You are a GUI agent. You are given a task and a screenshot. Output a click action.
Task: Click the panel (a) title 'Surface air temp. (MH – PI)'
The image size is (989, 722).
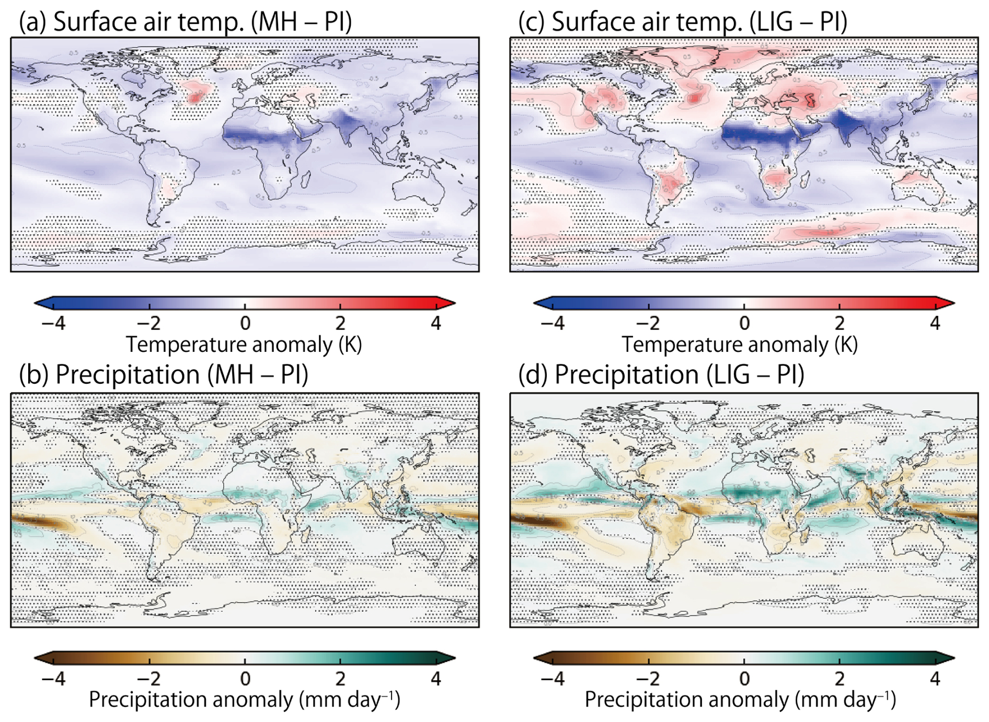[x=185, y=22]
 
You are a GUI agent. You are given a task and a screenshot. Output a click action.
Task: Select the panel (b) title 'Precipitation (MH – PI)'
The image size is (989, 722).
[x=163, y=374]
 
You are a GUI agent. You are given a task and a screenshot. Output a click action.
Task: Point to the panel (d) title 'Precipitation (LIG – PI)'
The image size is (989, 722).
[x=661, y=374]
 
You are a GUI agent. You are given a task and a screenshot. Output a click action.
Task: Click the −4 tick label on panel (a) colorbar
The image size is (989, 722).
[x=53, y=324]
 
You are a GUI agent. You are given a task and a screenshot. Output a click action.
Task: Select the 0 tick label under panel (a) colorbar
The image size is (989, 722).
[x=245, y=324]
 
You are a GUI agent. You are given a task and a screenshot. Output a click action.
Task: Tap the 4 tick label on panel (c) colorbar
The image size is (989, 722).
[x=935, y=324]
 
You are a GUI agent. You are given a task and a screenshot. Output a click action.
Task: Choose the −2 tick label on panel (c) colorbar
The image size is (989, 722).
[x=648, y=324]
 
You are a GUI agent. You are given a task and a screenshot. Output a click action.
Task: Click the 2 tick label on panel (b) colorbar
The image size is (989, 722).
[x=340, y=679]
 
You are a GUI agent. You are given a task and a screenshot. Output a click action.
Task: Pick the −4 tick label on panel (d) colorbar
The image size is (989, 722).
[x=553, y=679]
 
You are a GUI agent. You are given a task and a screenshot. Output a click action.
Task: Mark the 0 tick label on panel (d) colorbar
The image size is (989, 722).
[x=744, y=679]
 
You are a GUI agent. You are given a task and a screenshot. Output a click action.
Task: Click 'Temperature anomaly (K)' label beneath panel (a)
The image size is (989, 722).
[x=244, y=345]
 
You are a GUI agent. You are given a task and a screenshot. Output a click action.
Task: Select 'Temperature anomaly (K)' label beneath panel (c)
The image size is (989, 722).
[x=740, y=345]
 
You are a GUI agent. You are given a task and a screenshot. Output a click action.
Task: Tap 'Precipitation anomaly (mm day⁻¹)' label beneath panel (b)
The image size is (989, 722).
[x=244, y=700]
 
